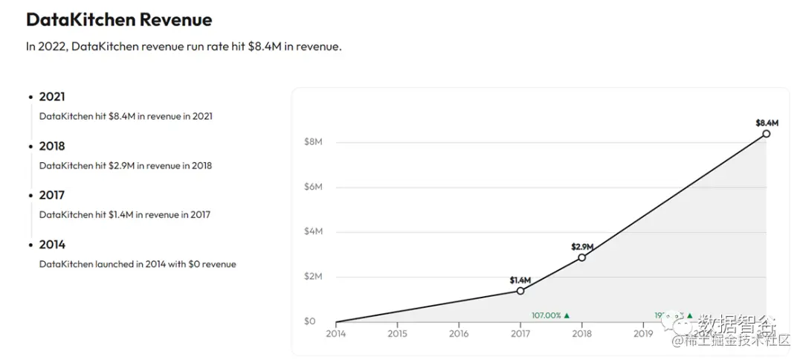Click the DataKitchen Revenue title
pyautogui.click(x=119, y=20)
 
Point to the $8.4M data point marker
pyautogui.click(x=766, y=134)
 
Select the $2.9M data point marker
pyautogui.click(x=581, y=257)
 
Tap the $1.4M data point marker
pyautogui.click(x=520, y=291)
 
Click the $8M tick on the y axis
pyautogui.click(x=313, y=142)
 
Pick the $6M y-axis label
pyautogui.click(x=313, y=187)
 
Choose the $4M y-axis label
pyautogui.click(x=313, y=231)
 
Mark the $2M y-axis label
pyautogui.click(x=313, y=277)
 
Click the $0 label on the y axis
pyautogui.click(x=309, y=321)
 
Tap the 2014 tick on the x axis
pyautogui.click(x=336, y=334)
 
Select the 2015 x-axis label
pyautogui.click(x=398, y=334)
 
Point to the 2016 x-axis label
pyautogui.click(x=459, y=334)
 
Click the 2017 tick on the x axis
pyautogui.click(x=520, y=334)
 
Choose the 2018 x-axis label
pyautogui.click(x=581, y=334)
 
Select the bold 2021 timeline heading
pyautogui.click(x=52, y=97)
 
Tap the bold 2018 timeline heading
pyautogui.click(x=52, y=146)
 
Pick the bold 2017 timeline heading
pyautogui.click(x=52, y=195)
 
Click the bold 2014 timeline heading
pyautogui.click(x=52, y=244)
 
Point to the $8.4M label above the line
pyautogui.click(x=767, y=122)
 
